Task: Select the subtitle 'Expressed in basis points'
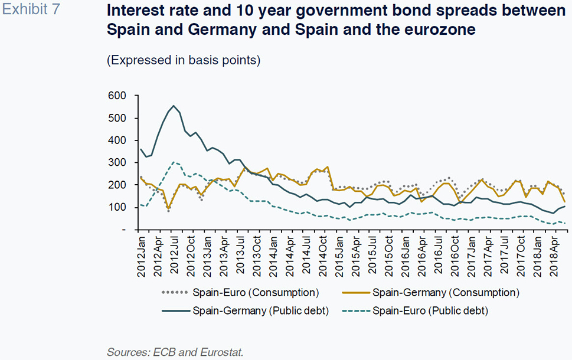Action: pyautogui.click(x=184, y=60)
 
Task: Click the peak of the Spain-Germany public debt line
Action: pyautogui.click(x=174, y=106)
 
